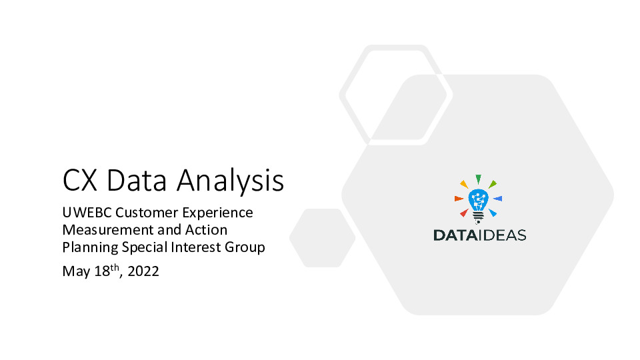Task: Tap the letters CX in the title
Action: click(80, 181)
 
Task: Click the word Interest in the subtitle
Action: click(189, 247)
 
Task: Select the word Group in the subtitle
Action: click(243, 247)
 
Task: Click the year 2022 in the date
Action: click(143, 271)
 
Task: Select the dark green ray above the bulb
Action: click(478, 179)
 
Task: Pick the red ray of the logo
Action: click(464, 213)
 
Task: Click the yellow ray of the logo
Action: click(464, 184)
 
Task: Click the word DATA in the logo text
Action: click(454, 235)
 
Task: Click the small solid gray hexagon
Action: click(322, 238)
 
